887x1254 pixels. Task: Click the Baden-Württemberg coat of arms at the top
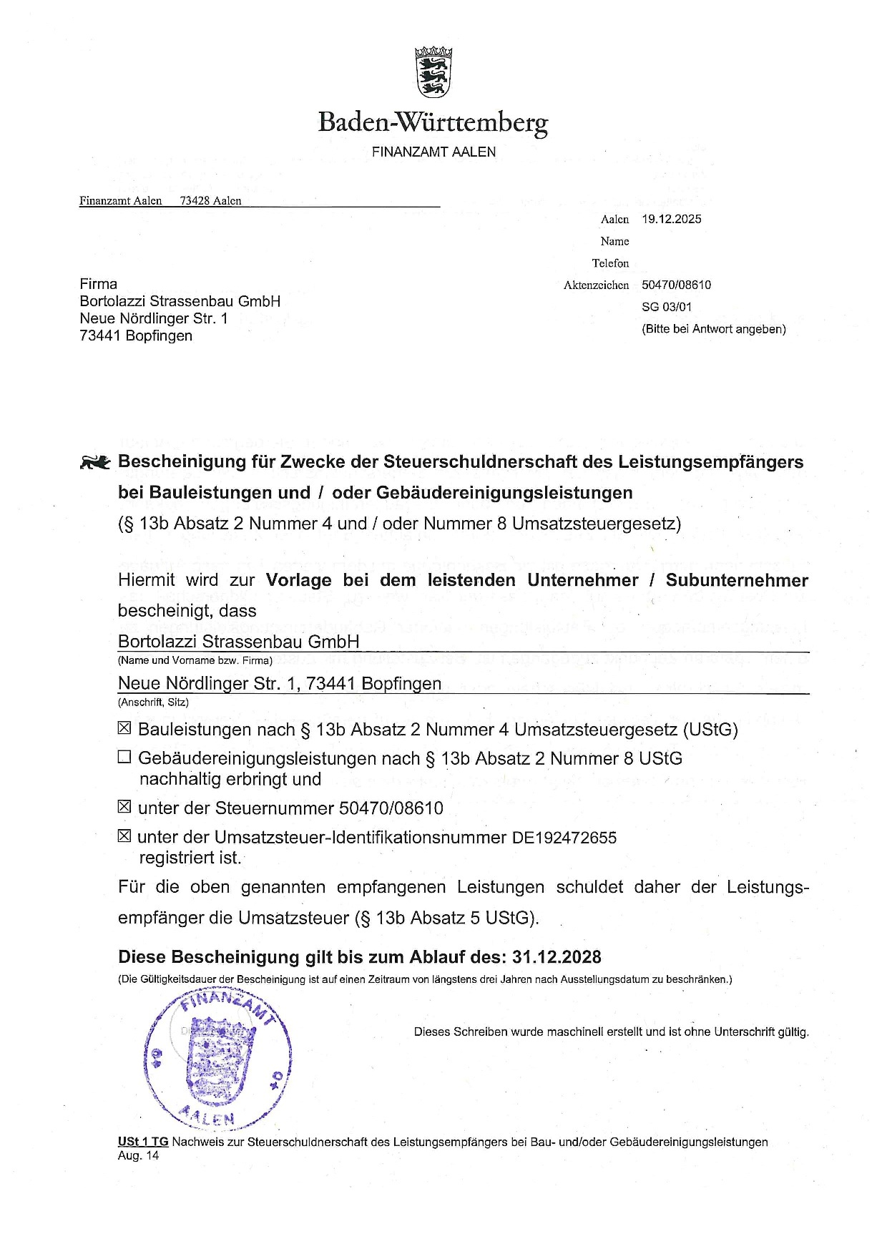(433, 72)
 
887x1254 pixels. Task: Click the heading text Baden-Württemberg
(433, 122)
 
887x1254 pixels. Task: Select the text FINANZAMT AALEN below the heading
(433, 152)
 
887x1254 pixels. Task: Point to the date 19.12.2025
(671, 219)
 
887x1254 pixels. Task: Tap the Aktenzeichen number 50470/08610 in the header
(676, 285)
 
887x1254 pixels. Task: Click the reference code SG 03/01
(667, 307)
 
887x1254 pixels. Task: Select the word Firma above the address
(99, 284)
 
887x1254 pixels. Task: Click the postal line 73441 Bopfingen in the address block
(136, 335)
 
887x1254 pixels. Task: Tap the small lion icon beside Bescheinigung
(95, 463)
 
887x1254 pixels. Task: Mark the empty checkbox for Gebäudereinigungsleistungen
(124, 757)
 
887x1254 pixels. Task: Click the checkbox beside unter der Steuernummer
(124, 807)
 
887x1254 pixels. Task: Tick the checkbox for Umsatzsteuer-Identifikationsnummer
(124, 836)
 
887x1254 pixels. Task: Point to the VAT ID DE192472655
(564, 838)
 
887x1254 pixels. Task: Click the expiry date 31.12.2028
(557, 957)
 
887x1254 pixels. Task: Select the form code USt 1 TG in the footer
(143, 1142)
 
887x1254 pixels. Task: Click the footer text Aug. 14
(138, 1155)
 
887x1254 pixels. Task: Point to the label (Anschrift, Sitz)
(153, 702)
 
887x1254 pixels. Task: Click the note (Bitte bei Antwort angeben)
(713, 329)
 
